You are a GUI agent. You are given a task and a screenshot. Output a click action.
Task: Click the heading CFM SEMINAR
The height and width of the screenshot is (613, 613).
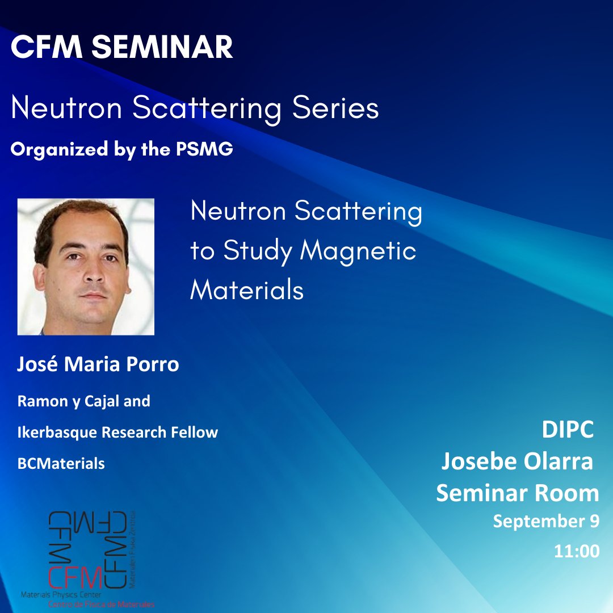click(121, 48)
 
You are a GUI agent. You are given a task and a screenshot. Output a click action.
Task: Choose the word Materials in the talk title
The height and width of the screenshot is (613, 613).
click(247, 290)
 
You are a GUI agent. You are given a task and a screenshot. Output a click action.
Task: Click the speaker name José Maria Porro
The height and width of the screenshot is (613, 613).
click(98, 364)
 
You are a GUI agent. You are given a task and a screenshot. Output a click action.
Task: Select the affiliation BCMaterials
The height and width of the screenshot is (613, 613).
click(61, 463)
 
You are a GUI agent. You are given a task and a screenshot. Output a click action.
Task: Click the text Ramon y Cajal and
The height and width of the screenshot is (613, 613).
click(83, 401)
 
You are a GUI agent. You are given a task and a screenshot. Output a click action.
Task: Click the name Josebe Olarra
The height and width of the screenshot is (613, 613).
click(517, 462)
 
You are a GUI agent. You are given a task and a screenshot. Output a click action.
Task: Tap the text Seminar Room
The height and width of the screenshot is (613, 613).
click(517, 493)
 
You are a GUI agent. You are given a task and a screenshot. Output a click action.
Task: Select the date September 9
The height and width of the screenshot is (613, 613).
click(545, 521)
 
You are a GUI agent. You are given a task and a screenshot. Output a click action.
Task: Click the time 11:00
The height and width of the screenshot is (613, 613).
click(576, 551)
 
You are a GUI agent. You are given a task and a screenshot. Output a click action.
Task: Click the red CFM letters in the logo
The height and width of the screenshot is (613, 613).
click(75, 578)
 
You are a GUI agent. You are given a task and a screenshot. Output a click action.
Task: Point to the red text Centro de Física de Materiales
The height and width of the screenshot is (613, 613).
click(100, 604)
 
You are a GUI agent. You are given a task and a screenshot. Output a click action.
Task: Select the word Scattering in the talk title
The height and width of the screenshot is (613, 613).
click(358, 212)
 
